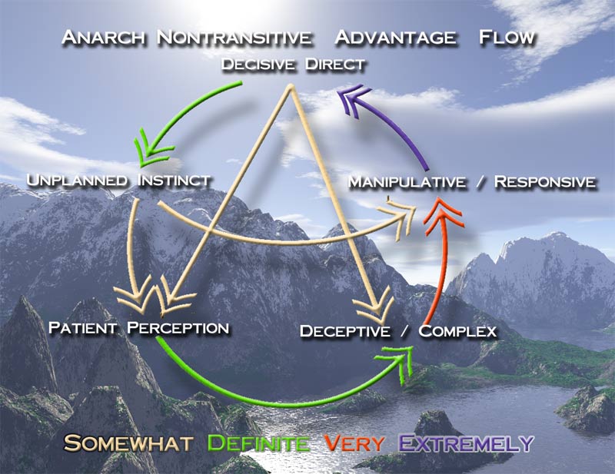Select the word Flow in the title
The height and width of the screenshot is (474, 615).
click(506, 37)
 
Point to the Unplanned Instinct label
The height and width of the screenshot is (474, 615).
click(118, 181)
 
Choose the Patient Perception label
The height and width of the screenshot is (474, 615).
click(138, 328)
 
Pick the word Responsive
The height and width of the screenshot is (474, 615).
click(545, 182)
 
